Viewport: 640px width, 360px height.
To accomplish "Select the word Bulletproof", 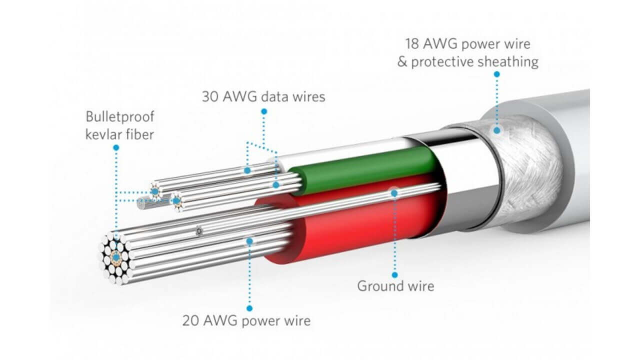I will (120, 117).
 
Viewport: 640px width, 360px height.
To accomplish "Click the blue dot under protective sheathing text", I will (496, 74).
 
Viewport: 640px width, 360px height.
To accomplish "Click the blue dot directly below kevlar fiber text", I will (116, 147).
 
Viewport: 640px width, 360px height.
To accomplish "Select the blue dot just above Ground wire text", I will (394, 274).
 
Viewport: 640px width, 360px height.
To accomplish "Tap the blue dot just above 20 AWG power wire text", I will (249, 308).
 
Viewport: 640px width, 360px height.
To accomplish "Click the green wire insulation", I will (365, 165).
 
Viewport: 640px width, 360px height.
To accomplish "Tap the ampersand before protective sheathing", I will (403, 62).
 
